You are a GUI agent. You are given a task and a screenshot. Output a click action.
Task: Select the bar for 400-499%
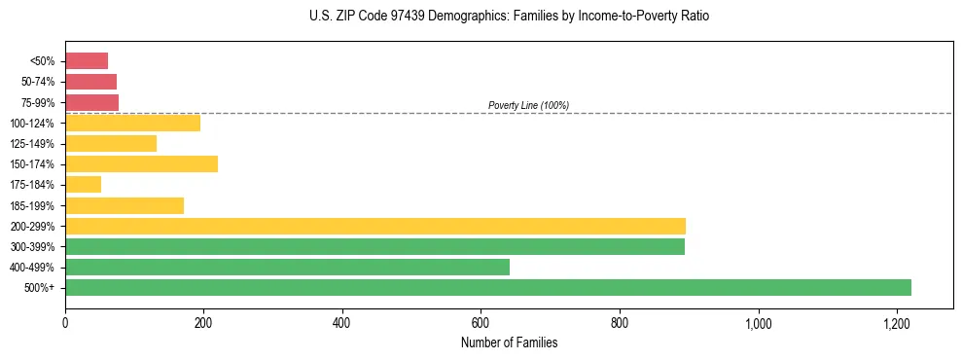tap(287, 267)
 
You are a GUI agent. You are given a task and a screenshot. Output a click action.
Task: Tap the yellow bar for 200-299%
tap(375, 226)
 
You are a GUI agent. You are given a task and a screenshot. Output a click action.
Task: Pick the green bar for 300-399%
tap(374, 246)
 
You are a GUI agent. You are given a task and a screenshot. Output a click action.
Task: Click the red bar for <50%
tap(87, 61)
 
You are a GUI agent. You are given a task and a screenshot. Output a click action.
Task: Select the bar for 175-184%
tap(83, 184)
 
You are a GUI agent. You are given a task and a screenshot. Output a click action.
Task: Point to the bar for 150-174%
tap(141, 163)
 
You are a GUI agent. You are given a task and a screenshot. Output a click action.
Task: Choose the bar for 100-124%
tap(132, 123)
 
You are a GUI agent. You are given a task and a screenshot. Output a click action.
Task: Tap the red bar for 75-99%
tap(91, 102)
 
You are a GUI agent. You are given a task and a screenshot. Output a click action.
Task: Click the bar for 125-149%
tap(111, 143)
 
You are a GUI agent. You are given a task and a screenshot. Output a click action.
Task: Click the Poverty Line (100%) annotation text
tap(528, 105)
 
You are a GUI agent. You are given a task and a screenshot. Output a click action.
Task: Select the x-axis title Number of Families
tap(509, 342)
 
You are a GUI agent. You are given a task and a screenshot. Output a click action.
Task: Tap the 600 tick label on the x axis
tap(481, 323)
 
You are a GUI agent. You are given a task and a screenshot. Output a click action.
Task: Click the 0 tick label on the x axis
tap(65, 323)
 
